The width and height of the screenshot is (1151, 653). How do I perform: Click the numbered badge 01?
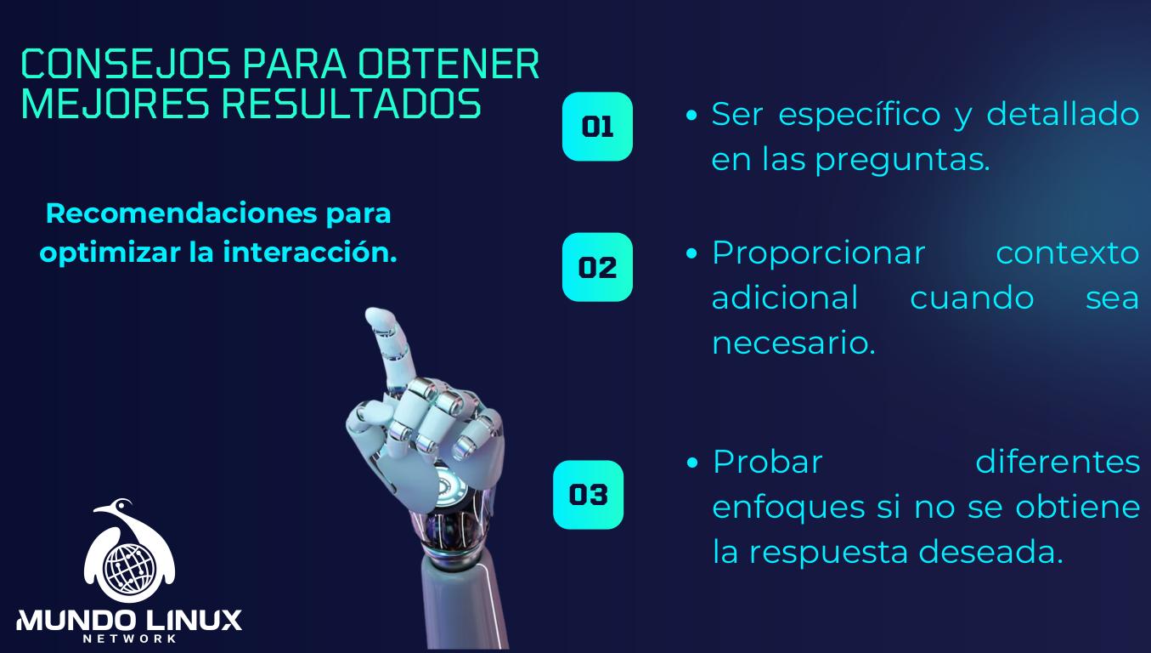pyautogui.click(x=597, y=127)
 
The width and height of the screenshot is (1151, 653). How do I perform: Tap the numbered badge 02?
pyautogui.click(x=597, y=267)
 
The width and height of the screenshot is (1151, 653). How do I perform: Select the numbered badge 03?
pyautogui.click(x=588, y=494)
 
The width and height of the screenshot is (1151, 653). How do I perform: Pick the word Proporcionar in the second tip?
pyautogui.click(x=818, y=253)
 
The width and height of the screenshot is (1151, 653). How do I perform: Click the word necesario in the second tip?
pyautogui.click(x=793, y=344)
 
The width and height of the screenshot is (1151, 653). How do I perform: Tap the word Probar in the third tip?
pyautogui.click(x=768, y=462)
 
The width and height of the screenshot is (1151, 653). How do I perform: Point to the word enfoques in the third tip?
pyautogui.click(x=775, y=508)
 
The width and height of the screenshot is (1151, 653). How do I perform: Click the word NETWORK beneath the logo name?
pyautogui.click(x=129, y=639)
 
